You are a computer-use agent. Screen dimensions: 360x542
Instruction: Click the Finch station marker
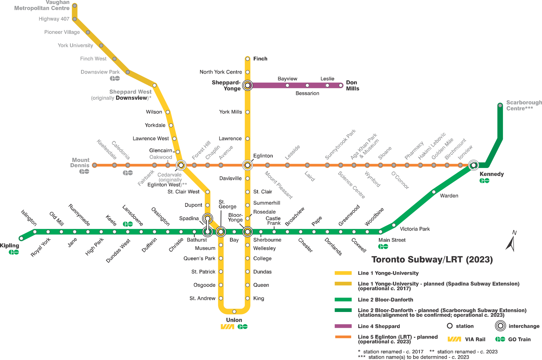[248, 59]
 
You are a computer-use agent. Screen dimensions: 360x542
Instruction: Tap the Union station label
[234, 320]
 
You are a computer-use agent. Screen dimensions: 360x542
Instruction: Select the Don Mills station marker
[341, 85]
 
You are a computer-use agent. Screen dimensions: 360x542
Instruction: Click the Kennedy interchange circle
[473, 165]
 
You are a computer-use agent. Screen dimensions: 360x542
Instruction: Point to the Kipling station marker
[21, 238]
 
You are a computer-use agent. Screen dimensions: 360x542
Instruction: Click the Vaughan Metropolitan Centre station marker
[75, 6]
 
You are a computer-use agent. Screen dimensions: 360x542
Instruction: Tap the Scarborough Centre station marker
[500, 105]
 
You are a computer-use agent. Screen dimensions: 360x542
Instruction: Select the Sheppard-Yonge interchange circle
[248, 85]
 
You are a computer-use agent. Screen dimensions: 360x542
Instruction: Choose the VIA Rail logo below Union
[227, 327]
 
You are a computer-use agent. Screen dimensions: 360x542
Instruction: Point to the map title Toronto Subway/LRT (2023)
[432, 259]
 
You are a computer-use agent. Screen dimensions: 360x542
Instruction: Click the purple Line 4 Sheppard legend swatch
[343, 326]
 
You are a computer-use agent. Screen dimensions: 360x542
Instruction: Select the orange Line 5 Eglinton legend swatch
[343, 337]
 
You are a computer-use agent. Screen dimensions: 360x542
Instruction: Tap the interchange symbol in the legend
[500, 326]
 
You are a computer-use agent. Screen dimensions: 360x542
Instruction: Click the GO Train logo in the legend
[500, 339]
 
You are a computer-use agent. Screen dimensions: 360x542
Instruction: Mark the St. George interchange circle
[221, 232]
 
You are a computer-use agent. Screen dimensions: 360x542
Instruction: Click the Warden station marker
[434, 192]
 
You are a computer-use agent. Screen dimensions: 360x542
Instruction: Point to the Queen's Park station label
[199, 258]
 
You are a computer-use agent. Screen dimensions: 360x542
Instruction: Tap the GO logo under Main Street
[383, 246]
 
